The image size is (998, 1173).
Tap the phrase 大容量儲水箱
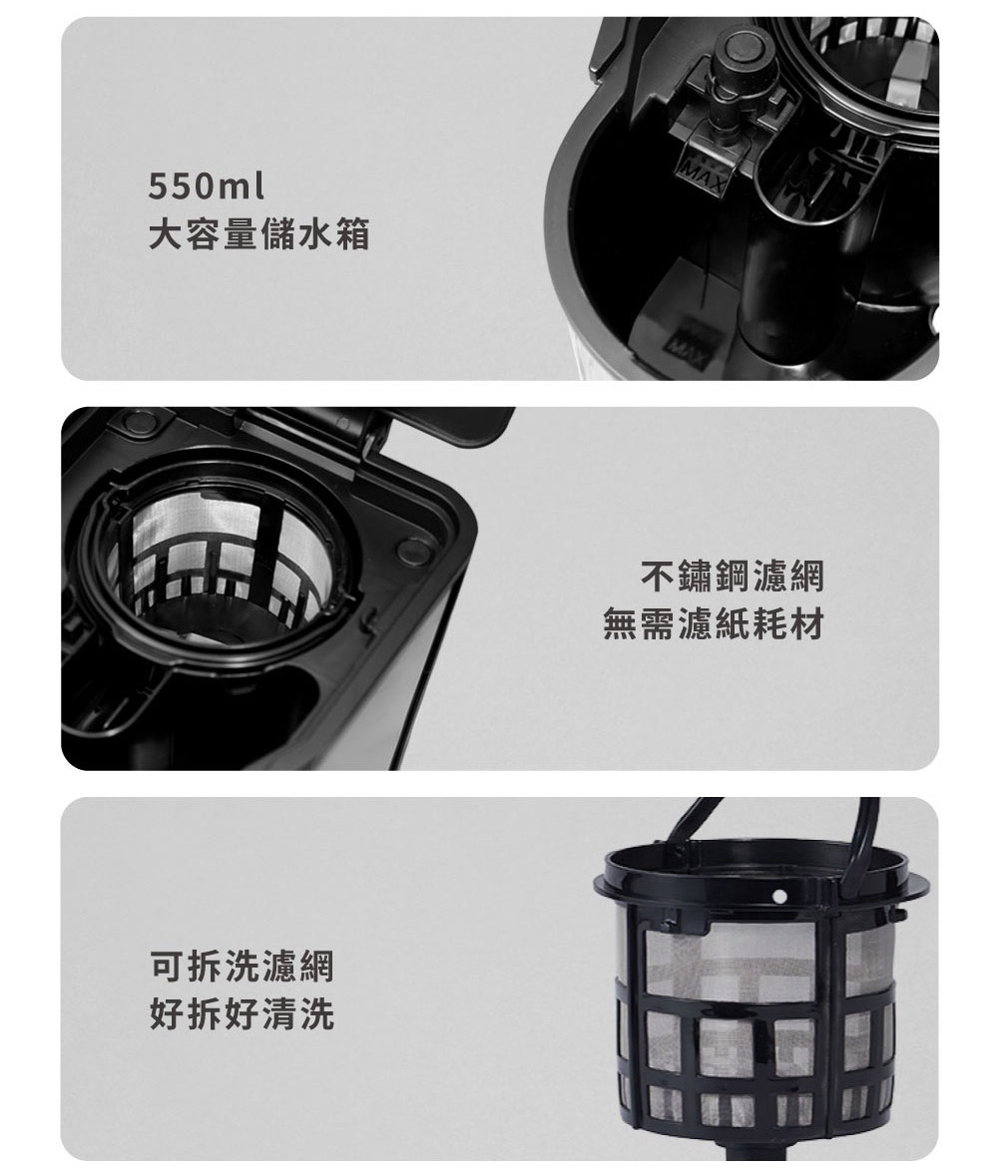point(258,235)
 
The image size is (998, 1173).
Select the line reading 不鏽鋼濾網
point(732,577)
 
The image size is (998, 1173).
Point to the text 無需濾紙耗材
point(714,625)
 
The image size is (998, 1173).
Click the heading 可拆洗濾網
point(241,966)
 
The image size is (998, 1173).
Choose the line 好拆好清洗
point(241,1015)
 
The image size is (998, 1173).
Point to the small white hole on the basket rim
point(778,896)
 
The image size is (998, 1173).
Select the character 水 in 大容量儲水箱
point(314,235)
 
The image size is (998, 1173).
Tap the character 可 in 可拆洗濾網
point(166,966)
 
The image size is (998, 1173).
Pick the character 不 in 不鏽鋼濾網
point(659,577)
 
